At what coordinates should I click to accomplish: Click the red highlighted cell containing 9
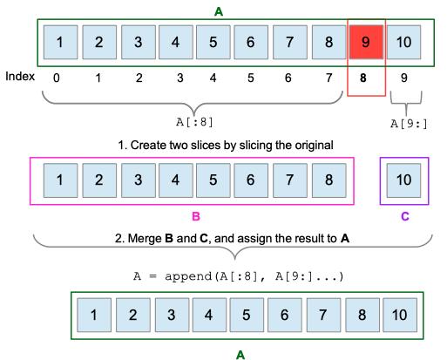point(365,42)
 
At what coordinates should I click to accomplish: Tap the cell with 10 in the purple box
point(403,180)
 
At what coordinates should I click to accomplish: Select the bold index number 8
point(365,78)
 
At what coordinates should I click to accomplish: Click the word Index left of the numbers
point(19,76)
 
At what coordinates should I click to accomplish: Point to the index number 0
point(57,78)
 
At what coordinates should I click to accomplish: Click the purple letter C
point(403,214)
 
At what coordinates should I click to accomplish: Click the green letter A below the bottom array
point(241,354)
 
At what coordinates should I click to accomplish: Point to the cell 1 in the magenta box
point(59,180)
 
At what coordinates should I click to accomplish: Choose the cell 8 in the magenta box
point(328,180)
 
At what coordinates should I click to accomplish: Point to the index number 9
point(403,78)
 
